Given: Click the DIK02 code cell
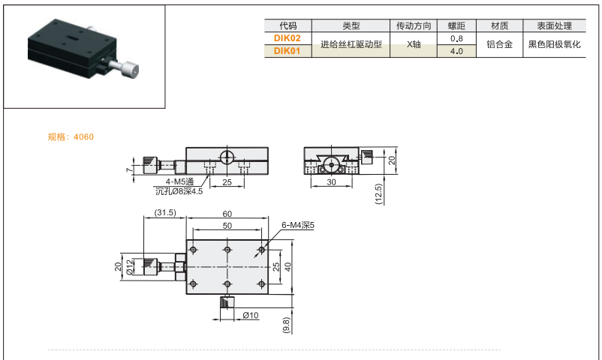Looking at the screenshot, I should [287, 37].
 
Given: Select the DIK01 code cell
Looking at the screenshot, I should [287, 52].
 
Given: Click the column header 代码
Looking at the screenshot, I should [287, 25].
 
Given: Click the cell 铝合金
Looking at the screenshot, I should [499, 45].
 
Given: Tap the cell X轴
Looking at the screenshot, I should [414, 45].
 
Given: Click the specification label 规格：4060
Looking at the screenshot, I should [71, 137].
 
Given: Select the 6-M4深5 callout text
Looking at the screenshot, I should [298, 225].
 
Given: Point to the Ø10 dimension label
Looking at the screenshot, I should [251, 315].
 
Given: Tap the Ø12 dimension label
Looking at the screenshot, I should [129, 267].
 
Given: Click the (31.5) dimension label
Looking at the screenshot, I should [164, 213].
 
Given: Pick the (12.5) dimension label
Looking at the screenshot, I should [379, 193].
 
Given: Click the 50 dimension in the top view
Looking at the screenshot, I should [227, 226].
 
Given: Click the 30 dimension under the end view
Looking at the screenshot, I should [331, 182].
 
